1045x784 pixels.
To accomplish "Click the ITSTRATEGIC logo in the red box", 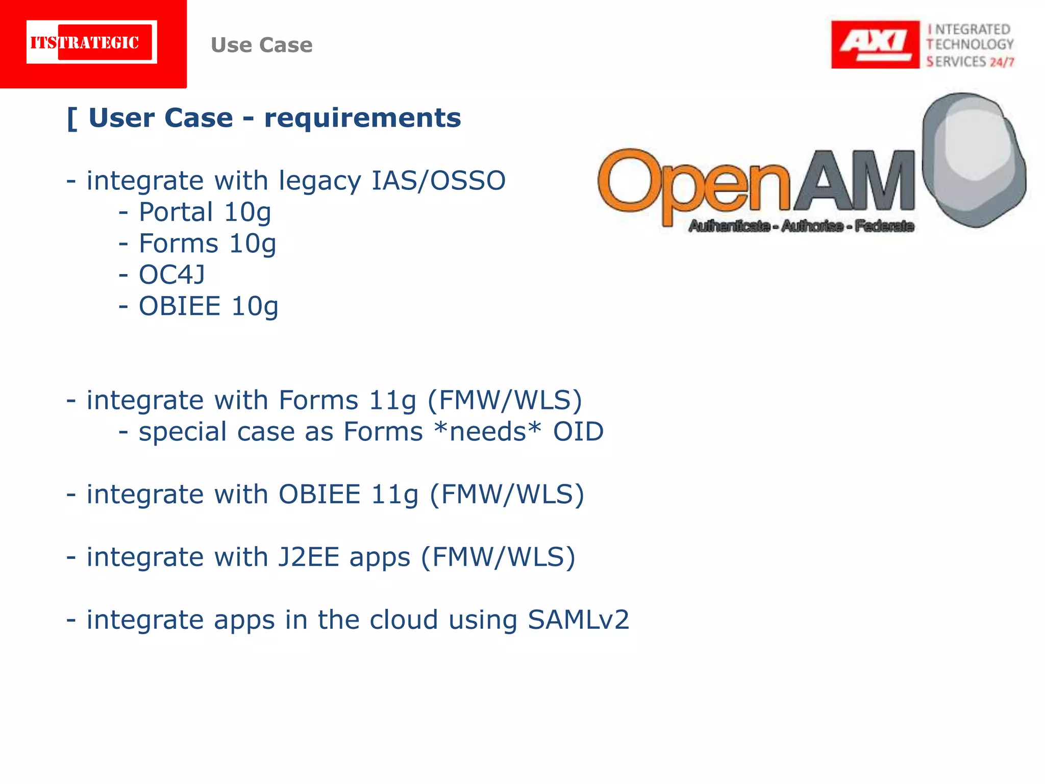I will point(92,42).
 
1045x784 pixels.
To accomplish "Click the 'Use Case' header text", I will point(261,45).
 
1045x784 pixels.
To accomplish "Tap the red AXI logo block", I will point(875,44).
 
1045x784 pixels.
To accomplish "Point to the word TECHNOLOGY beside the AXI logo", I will point(970,44).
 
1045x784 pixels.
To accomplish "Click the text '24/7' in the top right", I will point(1002,62).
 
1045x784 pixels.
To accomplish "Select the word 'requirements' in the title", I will point(362,118).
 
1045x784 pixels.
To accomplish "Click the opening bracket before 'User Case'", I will point(72,119).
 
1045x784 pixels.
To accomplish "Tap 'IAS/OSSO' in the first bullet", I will point(438,181).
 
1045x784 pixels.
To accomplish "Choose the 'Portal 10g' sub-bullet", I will point(205,212).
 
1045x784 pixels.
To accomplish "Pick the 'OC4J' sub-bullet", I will point(172,275).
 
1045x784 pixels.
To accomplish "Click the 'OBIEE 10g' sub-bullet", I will point(209,306).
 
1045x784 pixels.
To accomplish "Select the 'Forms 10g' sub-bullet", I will point(207,243).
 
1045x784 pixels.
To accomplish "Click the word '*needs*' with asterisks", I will point(487,432).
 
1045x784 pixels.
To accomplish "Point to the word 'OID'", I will point(578,432).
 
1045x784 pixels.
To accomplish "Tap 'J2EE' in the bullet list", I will point(309,557).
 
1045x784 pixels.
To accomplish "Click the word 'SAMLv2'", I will point(578,620).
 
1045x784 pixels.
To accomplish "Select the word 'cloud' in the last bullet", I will point(404,620).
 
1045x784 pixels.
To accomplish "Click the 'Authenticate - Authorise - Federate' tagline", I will point(801,226).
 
